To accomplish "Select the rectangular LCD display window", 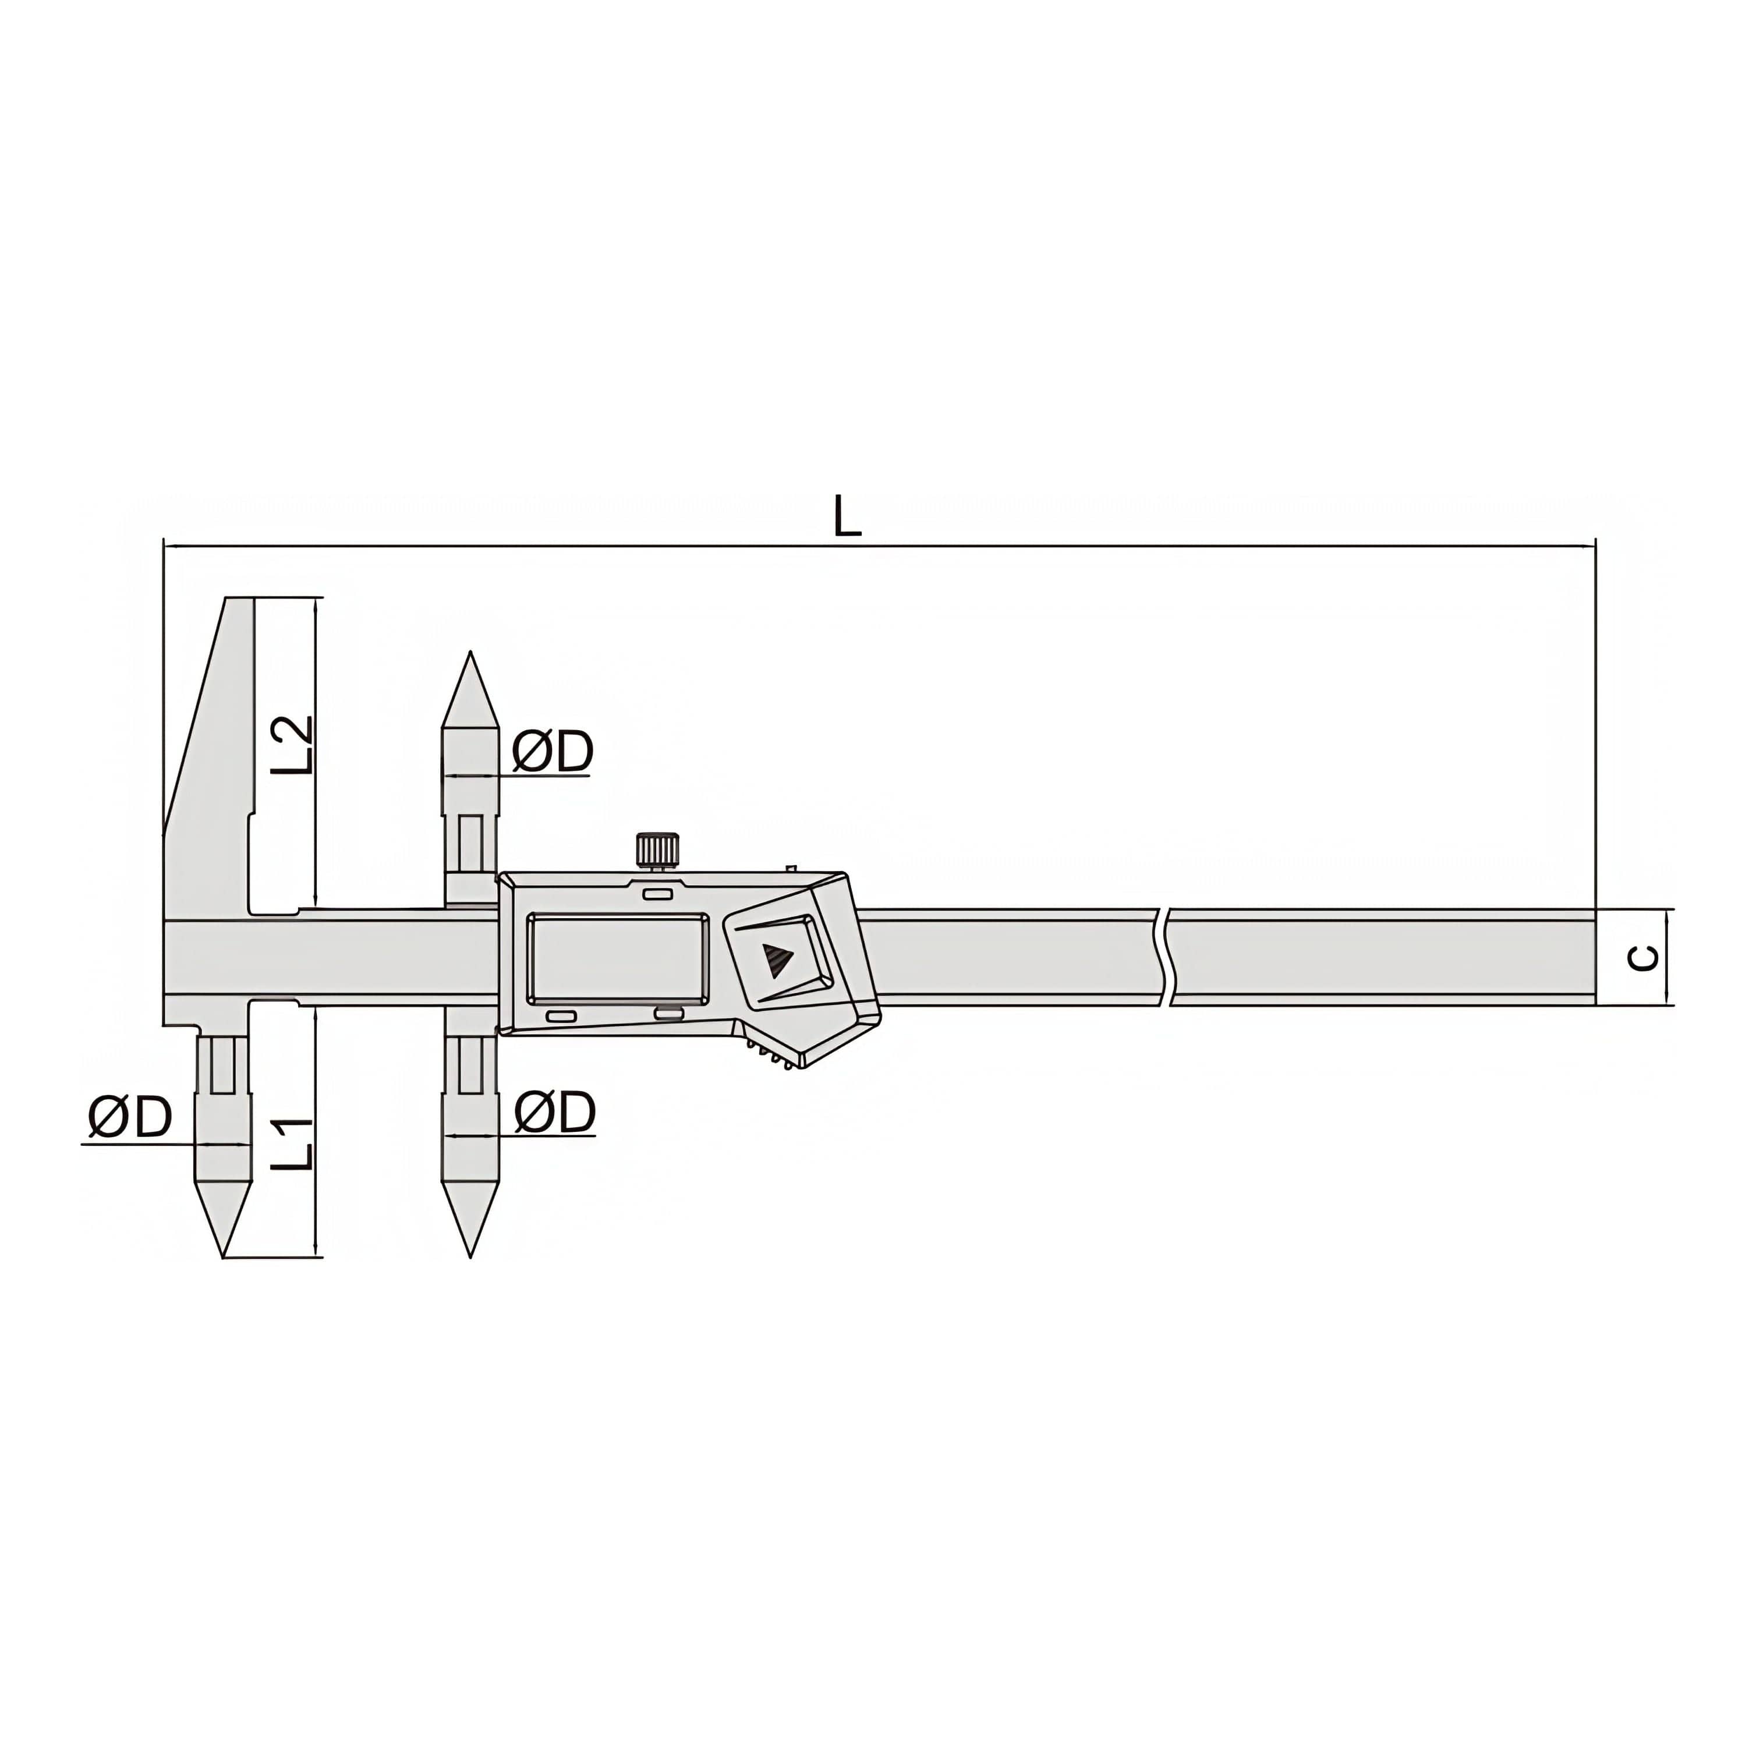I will click(617, 959).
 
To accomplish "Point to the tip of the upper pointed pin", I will click(470, 653).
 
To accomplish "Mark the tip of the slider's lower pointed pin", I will click(470, 1256).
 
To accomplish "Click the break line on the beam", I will click(1164, 957).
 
